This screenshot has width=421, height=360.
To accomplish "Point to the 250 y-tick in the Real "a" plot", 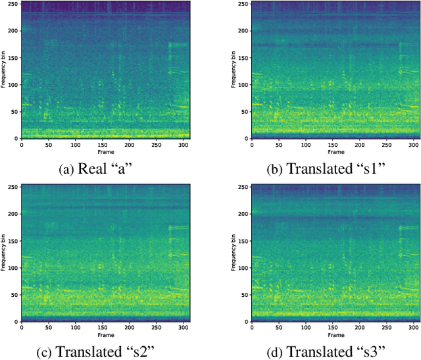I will point(13,4).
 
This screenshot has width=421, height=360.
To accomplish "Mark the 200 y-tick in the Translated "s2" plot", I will point(13,213).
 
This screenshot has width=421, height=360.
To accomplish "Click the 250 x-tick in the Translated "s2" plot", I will point(156,327).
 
